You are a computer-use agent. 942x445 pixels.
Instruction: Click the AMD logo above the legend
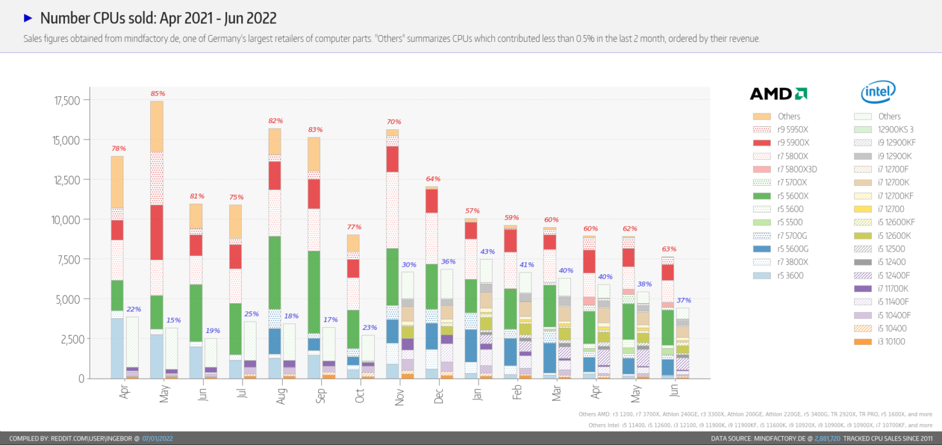click(x=778, y=94)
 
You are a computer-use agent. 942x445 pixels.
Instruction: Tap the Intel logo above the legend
click(x=878, y=93)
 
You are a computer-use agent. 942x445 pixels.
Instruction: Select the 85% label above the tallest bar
click(x=157, y=94)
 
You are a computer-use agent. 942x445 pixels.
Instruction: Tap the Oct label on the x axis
click(x=360, y=395)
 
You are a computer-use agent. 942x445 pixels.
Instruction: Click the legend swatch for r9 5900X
click(x=762, y=143)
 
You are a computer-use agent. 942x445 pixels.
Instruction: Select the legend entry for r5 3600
click(x=789, y=276)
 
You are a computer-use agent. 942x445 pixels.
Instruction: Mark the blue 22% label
click(x=133, y=309)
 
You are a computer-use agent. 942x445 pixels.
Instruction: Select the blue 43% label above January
click(x=487, y=251)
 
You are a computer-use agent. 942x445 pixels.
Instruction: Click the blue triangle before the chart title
click(x=27, y=18)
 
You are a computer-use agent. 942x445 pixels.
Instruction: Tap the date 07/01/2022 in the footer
click(x=157, y=439)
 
